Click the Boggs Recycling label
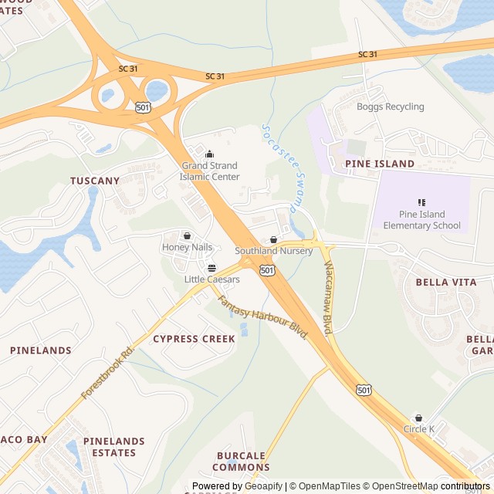tap(390, 107)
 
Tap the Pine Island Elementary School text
tap(421, 220)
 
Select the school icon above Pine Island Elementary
tap(421, 202)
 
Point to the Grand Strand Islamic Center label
tap(209, 171)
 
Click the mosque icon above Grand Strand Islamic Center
tap(209, 154)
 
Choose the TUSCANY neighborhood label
tap(95, 181)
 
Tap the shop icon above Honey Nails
tap(187, 235)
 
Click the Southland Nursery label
tap(274, 251)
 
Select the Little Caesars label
tap(211, 279)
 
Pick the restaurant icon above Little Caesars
tap(211, 268)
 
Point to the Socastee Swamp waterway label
tap(279, 167)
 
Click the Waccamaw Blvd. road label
tap(328, 297)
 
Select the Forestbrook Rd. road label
tap(107, 371)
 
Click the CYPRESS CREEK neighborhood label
tap(194, 339)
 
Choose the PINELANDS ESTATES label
tap(114, 447)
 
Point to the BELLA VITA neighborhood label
tap(446, 283)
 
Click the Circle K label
tap(419, 429)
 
